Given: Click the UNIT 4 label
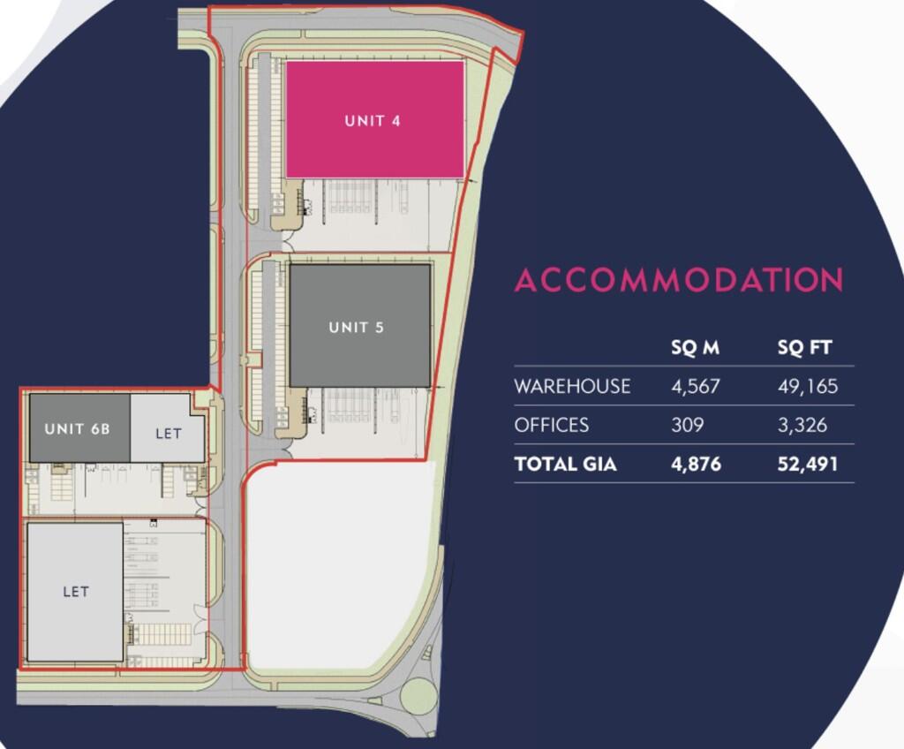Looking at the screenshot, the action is (x=373, y=121).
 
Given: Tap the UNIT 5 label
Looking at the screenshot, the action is (x=357, y=327).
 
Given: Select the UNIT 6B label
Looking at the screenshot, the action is (x=78, y=428).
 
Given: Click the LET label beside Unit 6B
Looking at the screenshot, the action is (x=169, y=434).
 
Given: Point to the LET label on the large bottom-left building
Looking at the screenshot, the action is (x=76, y=592).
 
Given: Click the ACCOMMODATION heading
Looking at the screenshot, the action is (x=679, y=280).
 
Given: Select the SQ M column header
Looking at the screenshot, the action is (x=696, y=347).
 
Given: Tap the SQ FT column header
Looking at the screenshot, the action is (x=805, y=347).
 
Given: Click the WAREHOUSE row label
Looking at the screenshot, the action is (x=572, y=386).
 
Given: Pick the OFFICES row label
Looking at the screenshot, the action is (x=552, y=425).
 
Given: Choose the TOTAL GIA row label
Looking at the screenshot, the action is (x=566, y=465).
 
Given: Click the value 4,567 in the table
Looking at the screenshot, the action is (x=696, y=386).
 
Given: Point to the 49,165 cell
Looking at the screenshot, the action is (x=808, y=386).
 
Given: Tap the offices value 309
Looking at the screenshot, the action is (x=687, y=425).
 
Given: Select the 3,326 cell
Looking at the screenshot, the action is (x=802, y=425).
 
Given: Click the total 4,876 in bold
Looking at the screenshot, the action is (x=696, y=465).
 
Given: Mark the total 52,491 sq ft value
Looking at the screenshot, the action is (x=808, y=465).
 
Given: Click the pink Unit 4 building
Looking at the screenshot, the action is (x=374, y=119).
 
